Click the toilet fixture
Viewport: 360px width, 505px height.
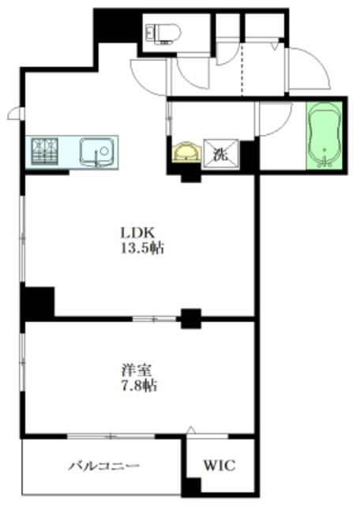pyautogui.click(x=163, y=33)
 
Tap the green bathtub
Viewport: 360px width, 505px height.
pyautogui.click(x=324, y=135)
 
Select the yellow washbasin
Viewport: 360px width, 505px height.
pyautogui.click(x=186, y=152)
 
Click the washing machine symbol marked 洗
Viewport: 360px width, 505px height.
pyautogui.click(x=221, y=154)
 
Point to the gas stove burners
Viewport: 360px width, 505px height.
pyautogui.click(x=45, y=151)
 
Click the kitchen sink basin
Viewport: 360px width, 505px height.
pyautogui.click(x=97, y=152)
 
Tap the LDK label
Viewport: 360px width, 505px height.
pyautogui.click(x=137, y=233)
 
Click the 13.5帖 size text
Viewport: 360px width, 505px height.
pyautogui.click(x=142, y=248)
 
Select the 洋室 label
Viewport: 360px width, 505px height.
pyautogui.click(x=137, y=370)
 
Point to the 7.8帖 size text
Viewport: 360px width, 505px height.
pyautogui.click(x=139, y=386)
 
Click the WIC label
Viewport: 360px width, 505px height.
pyautogui.click(x=219, y=465)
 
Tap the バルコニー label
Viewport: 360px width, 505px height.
pyautogui.click(x=103, y=466)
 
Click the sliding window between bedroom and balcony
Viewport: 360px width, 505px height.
pyautogui.click(x=111, y=436)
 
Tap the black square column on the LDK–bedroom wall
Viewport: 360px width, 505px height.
pyautogui.click(x=191, y=319)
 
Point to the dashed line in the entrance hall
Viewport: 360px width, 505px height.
pyautogui.click(x=242, y=69)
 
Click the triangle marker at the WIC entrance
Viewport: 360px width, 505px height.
pyautogui.click(x=191, y=429)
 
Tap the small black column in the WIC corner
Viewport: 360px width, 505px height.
pyautogui.click(x=193, y=485)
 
